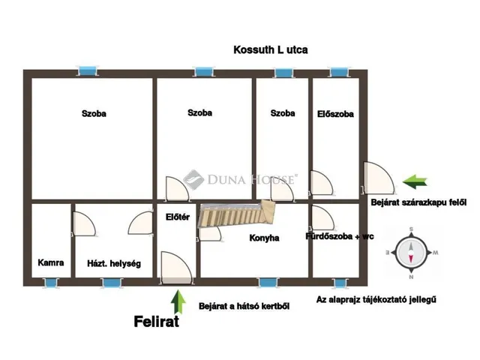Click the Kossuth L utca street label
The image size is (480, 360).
[x=271, y=50]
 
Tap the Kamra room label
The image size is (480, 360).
[x=51, y=262]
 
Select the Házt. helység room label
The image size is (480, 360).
[x=114, y=263]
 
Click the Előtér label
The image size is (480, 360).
[x=178, y=217]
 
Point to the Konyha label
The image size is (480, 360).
[x=264, y=238]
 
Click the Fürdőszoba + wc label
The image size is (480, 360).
[x=340, y=236]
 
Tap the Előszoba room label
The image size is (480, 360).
[x=335, y=114]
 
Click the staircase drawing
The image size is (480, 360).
[x=237, y=214]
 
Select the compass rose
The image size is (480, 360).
[x=412, y=253]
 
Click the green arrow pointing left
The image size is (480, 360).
[x=415, y=181]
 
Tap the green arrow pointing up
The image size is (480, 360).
[x=178, y=302]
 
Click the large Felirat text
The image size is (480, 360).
[x=157, y=322]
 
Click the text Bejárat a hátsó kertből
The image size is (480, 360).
[x=244, y=306]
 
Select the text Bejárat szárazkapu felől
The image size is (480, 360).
[x=418, y=202]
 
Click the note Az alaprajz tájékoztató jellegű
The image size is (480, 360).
[x=376, y=299]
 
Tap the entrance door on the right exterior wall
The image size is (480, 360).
[x=379, y=178]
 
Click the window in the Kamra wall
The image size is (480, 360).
[x=50, y=283]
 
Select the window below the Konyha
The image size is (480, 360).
[x=268, y=283]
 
